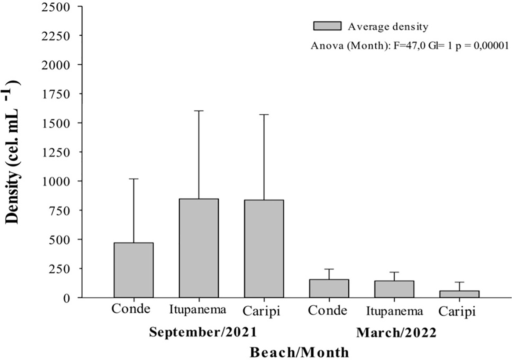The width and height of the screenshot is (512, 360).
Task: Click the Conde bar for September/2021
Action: point(134,270)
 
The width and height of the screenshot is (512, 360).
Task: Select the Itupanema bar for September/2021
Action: point(199,248)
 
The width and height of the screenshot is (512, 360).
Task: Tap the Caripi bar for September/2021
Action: point(264,249)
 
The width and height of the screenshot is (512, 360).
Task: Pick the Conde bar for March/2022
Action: point(329,289)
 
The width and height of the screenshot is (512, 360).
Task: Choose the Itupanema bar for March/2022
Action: point(394,289)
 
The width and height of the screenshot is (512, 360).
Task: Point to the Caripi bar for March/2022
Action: point(460,294)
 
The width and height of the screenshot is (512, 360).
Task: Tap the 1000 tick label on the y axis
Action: point(56,181)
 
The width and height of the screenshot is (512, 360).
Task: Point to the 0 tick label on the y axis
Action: point(67,298)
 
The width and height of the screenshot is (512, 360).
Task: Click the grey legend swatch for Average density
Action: point(327,26)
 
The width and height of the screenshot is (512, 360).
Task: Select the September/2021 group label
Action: point(203,332)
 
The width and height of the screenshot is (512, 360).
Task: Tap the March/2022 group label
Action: point(396,333)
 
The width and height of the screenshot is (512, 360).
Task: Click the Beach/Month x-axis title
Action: point(299,353)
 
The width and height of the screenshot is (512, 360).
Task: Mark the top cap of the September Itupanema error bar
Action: point(199,111)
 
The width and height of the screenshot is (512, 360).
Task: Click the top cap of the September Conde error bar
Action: point(134,179)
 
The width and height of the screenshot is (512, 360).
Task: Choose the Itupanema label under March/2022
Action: point(395,311)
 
